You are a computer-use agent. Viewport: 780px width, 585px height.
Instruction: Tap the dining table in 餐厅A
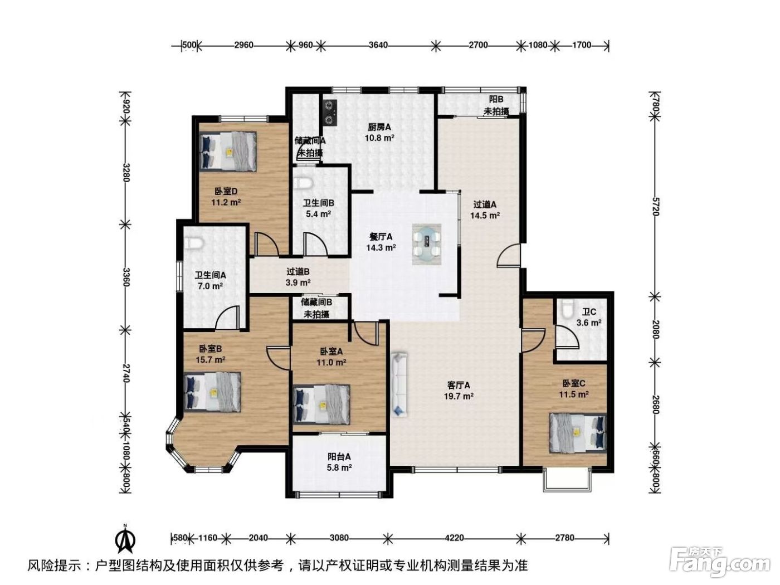[x=427, y=244]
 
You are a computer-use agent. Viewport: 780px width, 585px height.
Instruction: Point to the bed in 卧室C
[x=578, y=432]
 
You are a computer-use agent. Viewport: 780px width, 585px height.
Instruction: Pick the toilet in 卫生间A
[x=194, y=243]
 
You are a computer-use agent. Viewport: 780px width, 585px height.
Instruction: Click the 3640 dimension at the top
[x=378, y=45]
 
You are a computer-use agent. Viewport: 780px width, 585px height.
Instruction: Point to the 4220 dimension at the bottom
[x=455, y=538]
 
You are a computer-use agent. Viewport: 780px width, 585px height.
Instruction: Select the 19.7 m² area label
[x=459, y=396]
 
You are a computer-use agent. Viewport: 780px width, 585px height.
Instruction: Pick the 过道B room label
[x=298, y=272]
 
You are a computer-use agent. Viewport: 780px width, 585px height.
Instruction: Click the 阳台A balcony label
[x=339, y=456]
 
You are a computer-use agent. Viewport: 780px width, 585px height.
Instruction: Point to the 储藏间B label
[x=316, y=303]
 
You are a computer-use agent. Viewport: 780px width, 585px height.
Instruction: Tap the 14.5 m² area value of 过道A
[x=485, y=216]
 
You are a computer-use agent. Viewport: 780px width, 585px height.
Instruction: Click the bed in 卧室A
[x=321, y=404]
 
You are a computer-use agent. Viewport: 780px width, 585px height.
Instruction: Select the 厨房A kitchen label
[x=379, y=127]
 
